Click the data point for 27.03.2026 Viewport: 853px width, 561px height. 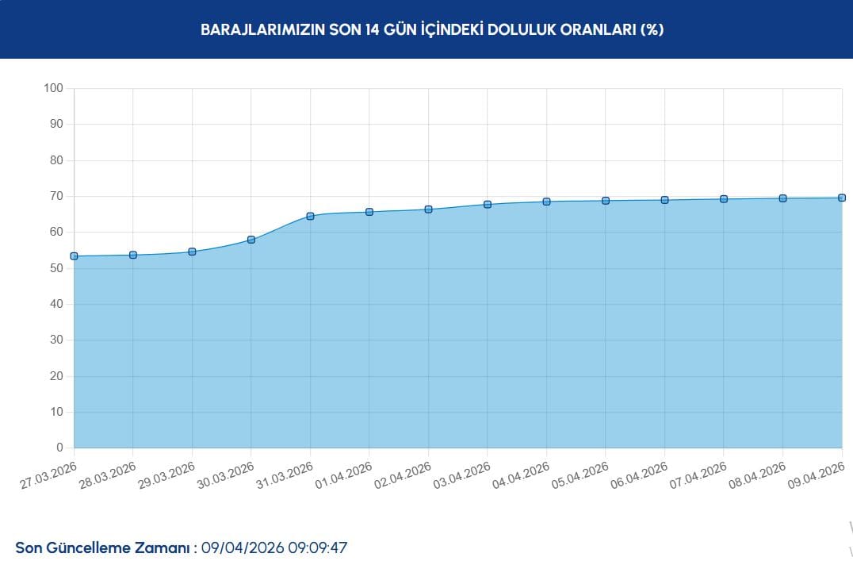(74, 256)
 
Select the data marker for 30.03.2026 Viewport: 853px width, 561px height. (251, 240)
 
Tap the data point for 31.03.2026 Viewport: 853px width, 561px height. (310, 216)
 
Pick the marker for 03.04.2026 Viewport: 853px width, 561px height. (488, 205)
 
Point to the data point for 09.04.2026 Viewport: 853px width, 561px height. (842, 198)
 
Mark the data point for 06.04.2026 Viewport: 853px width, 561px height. (664, 200)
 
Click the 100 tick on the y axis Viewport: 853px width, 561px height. (52, 88)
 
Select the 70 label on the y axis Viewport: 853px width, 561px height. (55, 196)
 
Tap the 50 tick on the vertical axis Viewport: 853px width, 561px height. (55, 268)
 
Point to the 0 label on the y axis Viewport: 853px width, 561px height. (59, 448)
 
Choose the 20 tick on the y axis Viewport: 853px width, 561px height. (55, 376)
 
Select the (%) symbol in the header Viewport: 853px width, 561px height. (652, 30)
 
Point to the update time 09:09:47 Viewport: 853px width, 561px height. (317, 548)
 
